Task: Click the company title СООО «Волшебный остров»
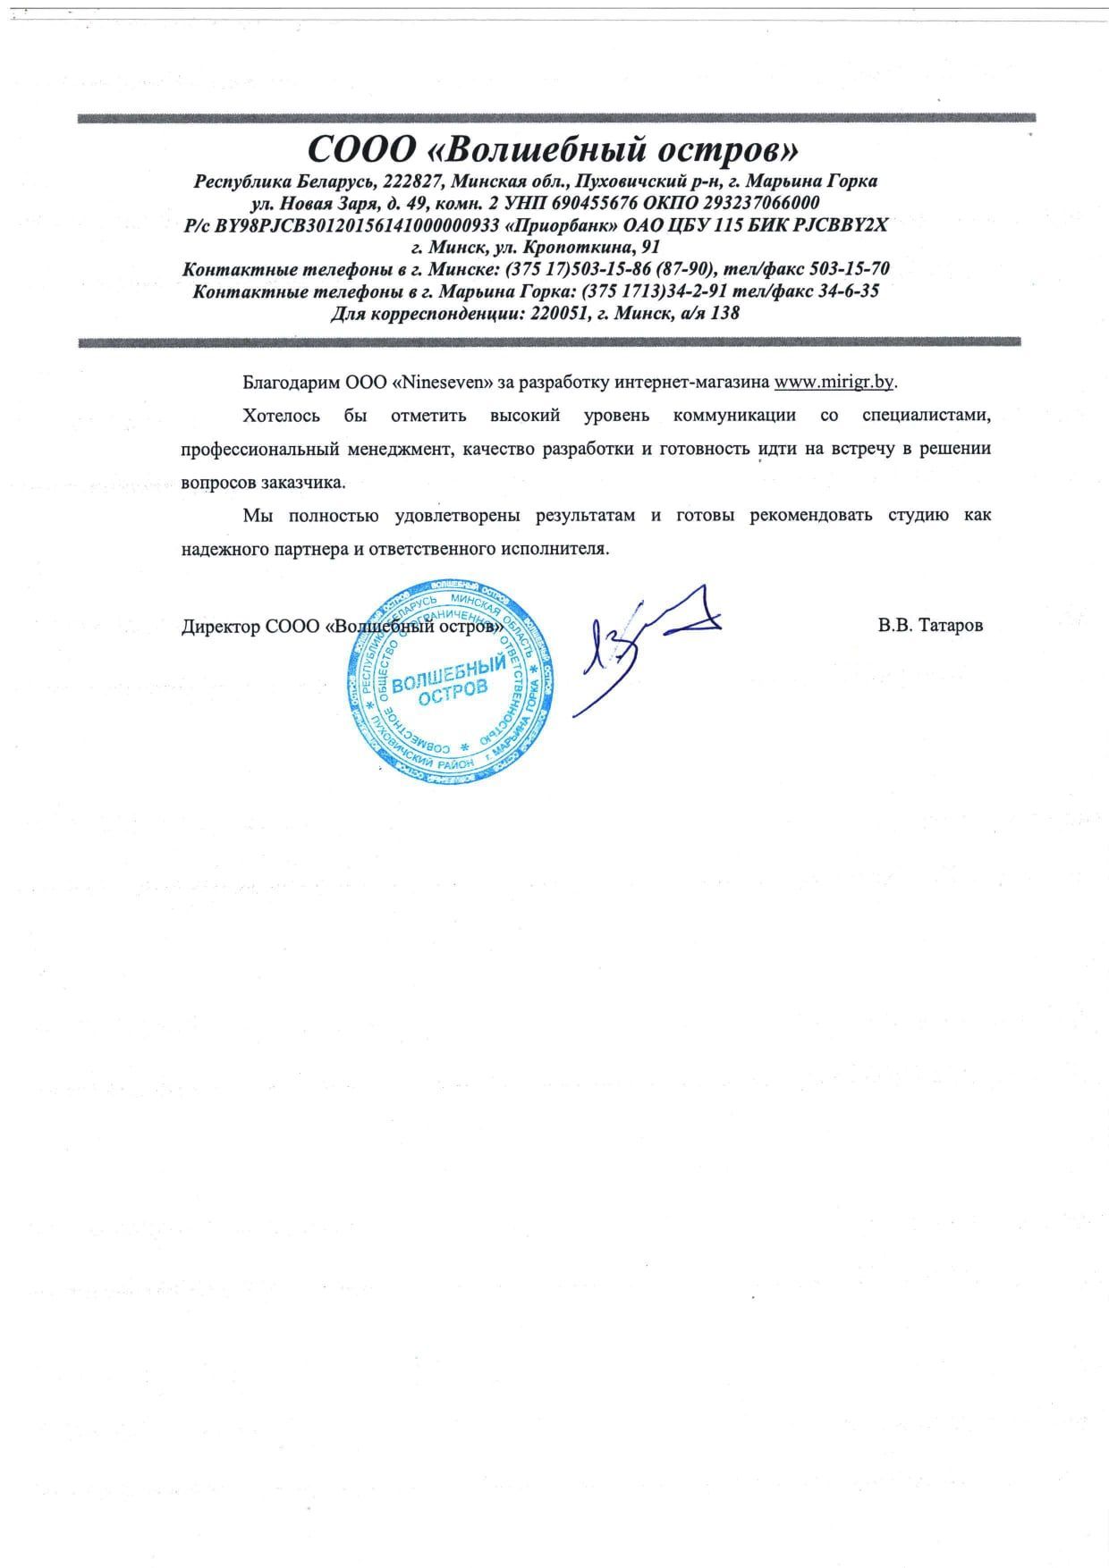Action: tap(554, 147)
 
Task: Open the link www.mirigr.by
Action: tap(834, 383)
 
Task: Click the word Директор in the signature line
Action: tap(221, 627)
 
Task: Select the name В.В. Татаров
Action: tap(930, 626)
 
